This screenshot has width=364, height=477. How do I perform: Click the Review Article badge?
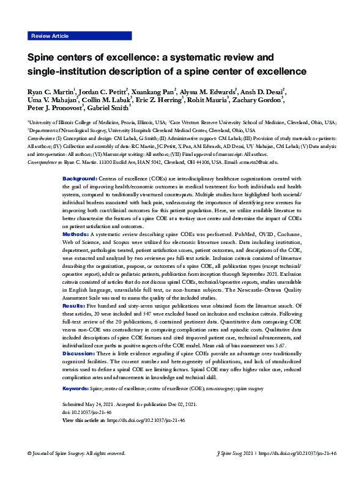click(50, 37)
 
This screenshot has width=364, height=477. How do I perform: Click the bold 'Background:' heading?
click(80, 178)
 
